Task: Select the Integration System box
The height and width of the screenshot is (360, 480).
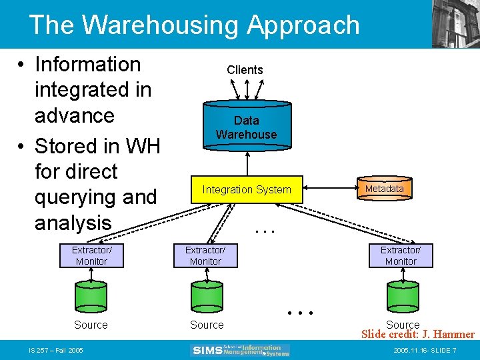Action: [x=247, y=190]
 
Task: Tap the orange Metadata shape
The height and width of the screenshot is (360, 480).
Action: [x=384, y=189]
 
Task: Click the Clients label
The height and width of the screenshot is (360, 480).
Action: [x=245, y=70]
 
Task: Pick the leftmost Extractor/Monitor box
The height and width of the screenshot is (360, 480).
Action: [x=91, y=256]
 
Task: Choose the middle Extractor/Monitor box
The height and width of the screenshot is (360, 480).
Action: [x=205, y=256]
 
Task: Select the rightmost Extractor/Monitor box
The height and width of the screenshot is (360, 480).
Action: [x=401, y=256]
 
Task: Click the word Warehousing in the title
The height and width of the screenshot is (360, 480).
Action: [x=161, y=25]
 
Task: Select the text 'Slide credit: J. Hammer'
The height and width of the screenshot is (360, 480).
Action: [x=417, y=335]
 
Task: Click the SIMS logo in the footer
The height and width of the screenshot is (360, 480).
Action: [x=241, y=350]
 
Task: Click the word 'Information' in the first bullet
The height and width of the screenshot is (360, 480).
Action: [x=87, y=65]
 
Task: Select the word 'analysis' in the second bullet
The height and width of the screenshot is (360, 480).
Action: [x=73, y=222]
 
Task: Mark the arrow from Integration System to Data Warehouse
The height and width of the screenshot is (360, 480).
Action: [x=247, y=162]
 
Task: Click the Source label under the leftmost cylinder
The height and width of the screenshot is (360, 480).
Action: [x=91, y=325]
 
